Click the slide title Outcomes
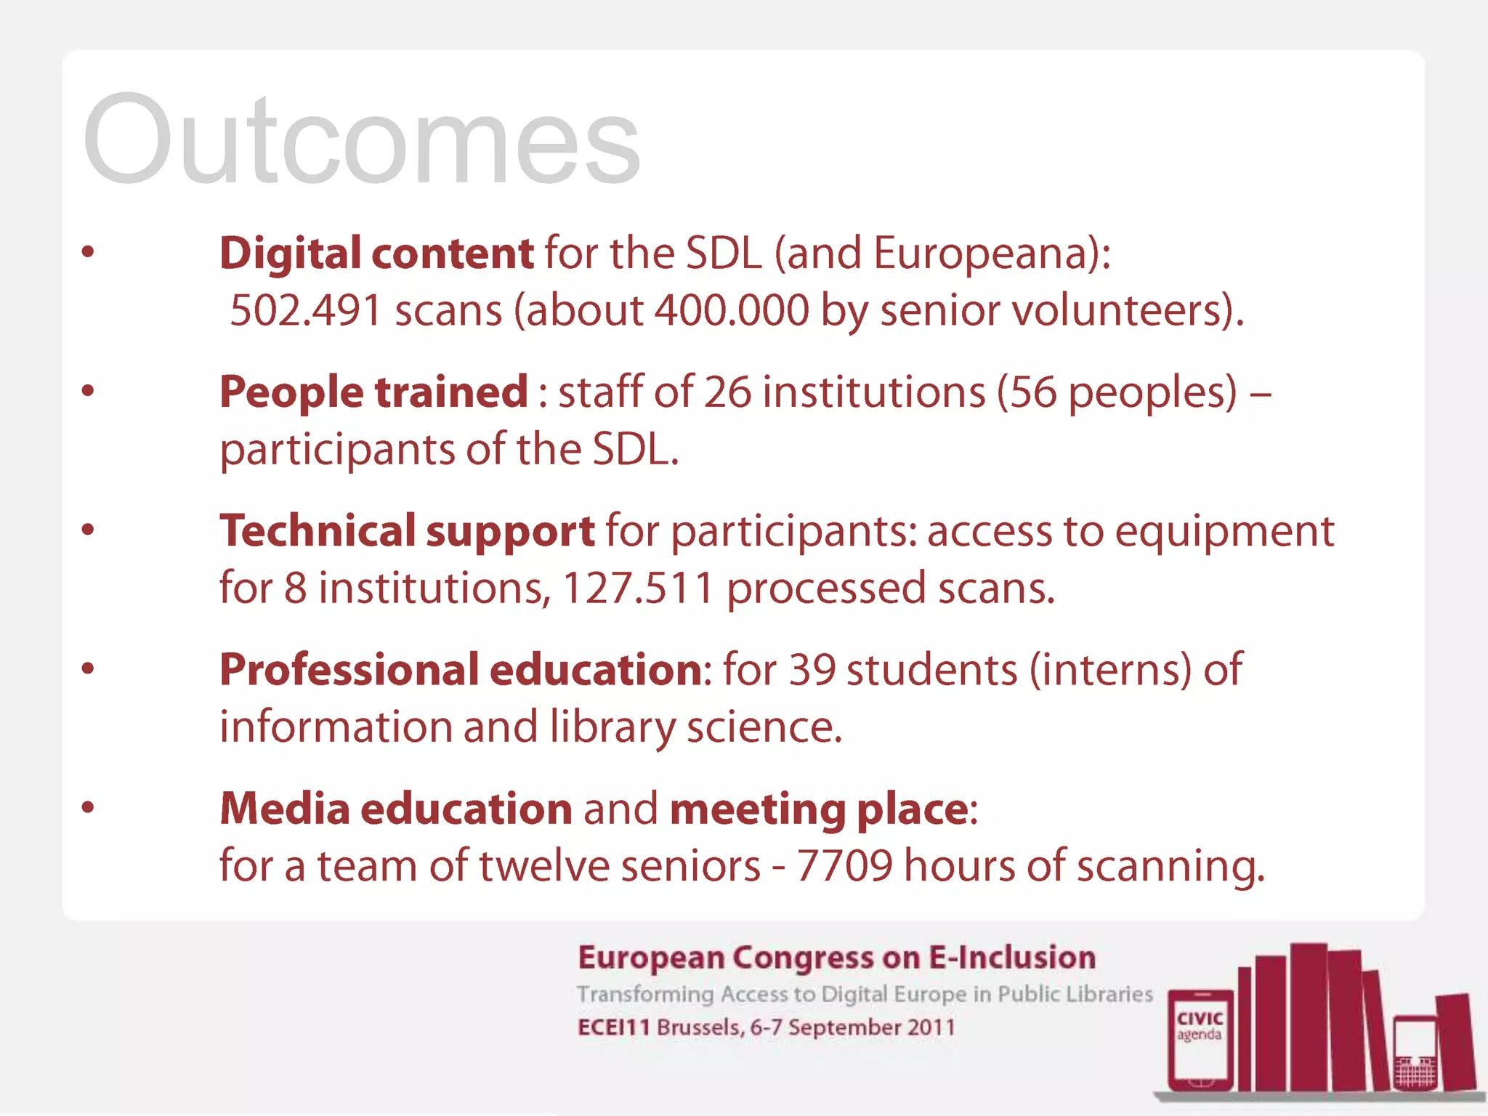361,140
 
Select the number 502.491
305,311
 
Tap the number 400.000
732,311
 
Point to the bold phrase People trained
373,392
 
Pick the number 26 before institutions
727,392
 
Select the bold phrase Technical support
407,531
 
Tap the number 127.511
638,588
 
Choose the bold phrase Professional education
461,670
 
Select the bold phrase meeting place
819,809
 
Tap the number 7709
844,866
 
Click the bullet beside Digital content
88,253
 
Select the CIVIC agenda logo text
1200,1025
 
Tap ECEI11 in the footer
613,1028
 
